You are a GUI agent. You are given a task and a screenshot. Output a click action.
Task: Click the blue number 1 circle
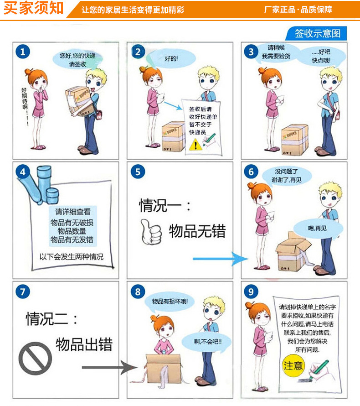pyautogui.click(x=23, y=52)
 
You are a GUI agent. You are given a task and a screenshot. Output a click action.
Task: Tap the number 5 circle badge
pyautogui.click(x=138, y=172)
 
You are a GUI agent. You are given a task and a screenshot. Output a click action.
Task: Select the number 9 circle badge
pyautogui.click(x=251, y=291)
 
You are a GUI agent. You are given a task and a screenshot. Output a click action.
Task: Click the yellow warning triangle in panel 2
pyautogui.click(x=195, y=145)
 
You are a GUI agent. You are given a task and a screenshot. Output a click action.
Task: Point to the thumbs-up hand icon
pyautogui.click(x=151, y=232)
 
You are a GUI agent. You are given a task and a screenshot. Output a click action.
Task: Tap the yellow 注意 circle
pyautogui.click(x=293, y=365)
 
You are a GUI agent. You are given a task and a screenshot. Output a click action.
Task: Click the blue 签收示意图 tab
pyautogui.click(x=317, y=33)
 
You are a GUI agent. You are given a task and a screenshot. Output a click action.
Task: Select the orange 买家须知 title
pyautogui.click(x=33, y=8)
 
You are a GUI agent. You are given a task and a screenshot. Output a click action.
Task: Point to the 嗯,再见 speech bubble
pyautogui.click(x=318, y=229)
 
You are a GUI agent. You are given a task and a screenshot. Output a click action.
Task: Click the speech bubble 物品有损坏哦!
pyautogui.click(x=170, y=302)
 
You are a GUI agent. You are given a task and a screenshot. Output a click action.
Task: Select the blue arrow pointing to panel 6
pyautogui.click(x=221, y=259)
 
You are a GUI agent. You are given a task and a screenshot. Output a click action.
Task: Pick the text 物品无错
pyautogui.click(x=197, y=231)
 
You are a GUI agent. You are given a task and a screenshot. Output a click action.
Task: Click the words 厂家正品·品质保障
pyautogui.click(x=298, y=10)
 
